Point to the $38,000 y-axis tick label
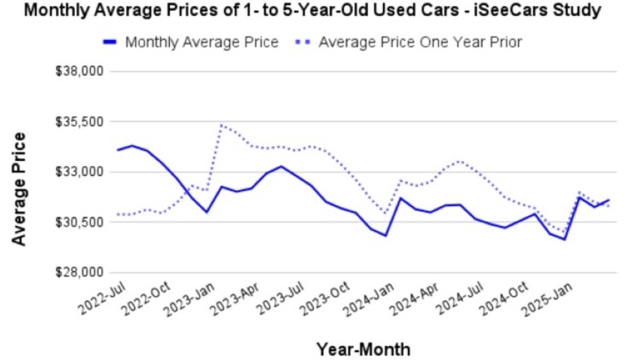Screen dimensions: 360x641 [x=79, y=71]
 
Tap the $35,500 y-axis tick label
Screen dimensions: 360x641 [x=79, y=122]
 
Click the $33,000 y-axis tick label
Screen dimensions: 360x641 [x=79, y=172]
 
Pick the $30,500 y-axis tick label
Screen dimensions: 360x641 [x=79, y=222]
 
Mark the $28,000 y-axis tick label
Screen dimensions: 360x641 [x=79, y=273]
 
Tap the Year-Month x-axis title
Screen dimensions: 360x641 [x=363, y=348]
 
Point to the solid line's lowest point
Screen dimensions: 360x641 [x=565, y=239]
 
